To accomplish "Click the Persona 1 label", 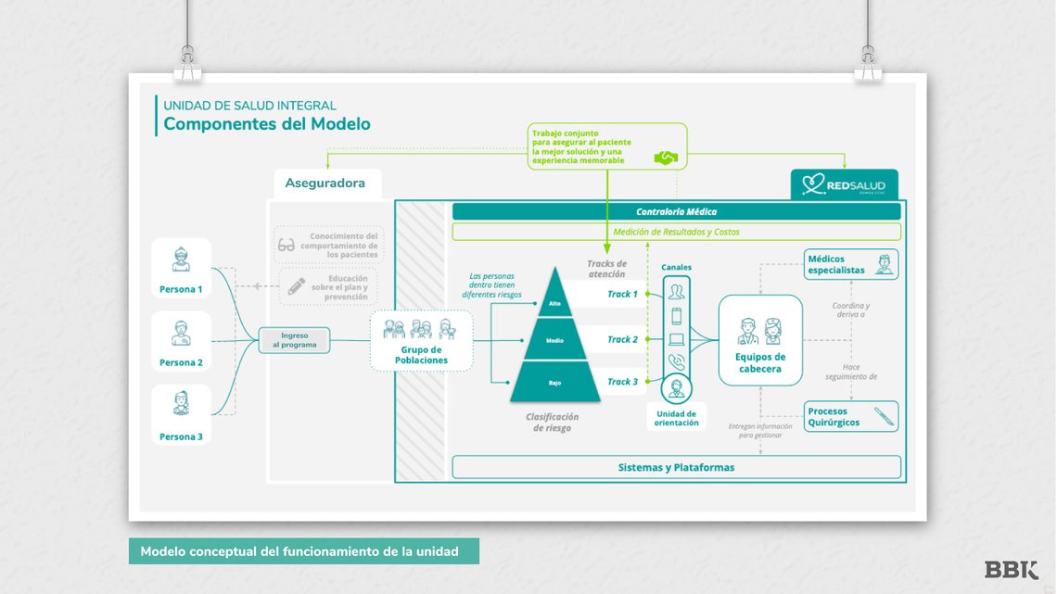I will tap(180, 289).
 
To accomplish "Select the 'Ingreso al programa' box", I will tap(294, 339).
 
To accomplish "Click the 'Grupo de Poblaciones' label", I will tap(421, 354).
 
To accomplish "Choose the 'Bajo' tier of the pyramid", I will tap(555, 382).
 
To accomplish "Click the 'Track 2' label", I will tap(622, 339).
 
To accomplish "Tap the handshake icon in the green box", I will tap(666, 158).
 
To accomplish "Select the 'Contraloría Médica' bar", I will tap(676, 211).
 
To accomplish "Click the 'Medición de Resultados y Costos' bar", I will tap(676, 232).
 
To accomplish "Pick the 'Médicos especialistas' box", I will tap(850, 264).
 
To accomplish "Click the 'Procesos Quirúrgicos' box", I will tap(850, 416).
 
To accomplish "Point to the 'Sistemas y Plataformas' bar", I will tap(676, 467).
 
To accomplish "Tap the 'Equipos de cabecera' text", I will tap(760, 362).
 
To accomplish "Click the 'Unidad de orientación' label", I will tap(677, 417).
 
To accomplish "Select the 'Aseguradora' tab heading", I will tap(325, 183).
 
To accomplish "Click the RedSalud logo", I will tap(844, 185).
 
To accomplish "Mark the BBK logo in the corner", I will tap(1011, 570).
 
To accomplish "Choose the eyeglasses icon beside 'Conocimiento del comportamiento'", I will tap(287, 246).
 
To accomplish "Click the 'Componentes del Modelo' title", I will tap(267, 124).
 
